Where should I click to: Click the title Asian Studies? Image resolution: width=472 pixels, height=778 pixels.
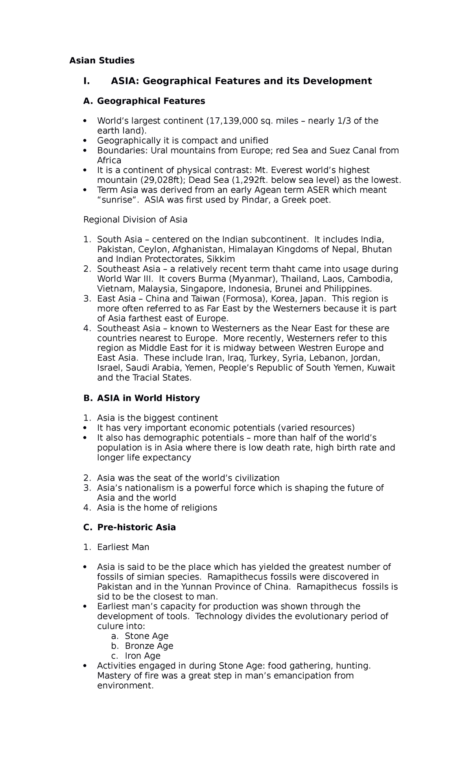pyautogui.click(x=101, y=60)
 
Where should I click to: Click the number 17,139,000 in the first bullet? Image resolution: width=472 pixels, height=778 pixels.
pyautogui.click(x=232, y=121)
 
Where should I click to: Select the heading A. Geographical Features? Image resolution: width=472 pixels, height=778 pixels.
pyautogui.click(x=144, y=101)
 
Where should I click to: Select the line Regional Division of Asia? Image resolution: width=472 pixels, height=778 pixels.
pyautogui.click(x=135, y=220)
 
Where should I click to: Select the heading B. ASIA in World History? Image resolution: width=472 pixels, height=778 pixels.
pyautogui.click(x=142, y=398)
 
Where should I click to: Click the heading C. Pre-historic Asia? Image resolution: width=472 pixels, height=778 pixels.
pyautogui.click(x=129, y=527)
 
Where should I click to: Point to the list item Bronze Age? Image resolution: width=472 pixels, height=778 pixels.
pyautogui.click(x=149, y=646)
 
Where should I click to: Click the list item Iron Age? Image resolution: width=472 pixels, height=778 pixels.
pyautogui.click(x=142, y=656)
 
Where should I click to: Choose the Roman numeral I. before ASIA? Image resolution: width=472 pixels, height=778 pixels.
pyautogui.click(x=86, y=81)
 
